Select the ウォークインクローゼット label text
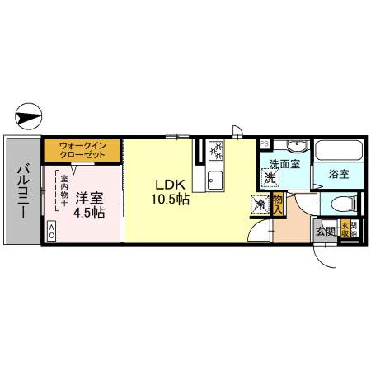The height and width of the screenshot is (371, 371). click(x=81, y=151)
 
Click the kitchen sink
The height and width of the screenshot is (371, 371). click(x=216, y=176)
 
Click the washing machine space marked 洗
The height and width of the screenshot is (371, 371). click(x=270, y=176)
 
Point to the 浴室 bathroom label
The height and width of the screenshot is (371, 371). click(x=338, y=174)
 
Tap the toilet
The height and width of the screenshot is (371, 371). click(x=340, y=203)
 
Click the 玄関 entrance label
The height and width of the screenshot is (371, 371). click(x=322, y=232)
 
